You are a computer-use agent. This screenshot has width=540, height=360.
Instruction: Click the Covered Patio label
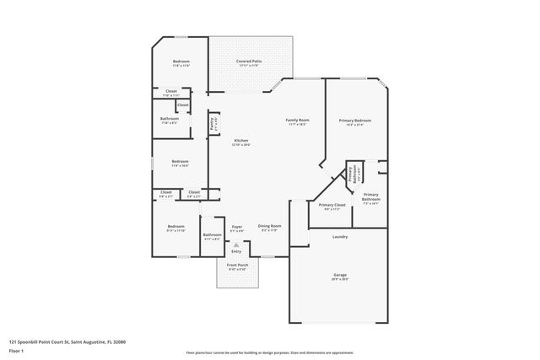[x=250, y=62]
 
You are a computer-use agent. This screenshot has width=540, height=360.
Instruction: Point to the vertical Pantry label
[x=213, y=124]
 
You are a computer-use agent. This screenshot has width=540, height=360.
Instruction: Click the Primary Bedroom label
[x=349, y=121]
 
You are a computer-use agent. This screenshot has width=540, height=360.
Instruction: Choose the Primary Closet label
[x=332, y=205]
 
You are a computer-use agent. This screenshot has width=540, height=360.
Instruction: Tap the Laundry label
[x=339, y=236]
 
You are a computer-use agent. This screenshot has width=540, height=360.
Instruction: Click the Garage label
[x=339, y=275]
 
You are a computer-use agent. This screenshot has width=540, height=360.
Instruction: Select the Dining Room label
[x=270, y=225]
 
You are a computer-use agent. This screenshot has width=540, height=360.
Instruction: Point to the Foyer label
[x=236, y=225]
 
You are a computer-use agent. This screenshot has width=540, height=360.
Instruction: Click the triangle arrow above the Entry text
[x=236, y=244]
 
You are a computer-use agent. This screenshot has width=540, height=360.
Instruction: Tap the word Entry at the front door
[x=236, y=251]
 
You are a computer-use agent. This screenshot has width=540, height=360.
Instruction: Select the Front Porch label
[x=236, y=266]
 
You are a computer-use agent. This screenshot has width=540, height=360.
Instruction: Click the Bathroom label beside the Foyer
[x=212, y=234]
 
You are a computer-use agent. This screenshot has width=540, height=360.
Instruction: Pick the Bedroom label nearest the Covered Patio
[x=181, y=62]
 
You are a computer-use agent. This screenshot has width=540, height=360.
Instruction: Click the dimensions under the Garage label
[x=339, y=280]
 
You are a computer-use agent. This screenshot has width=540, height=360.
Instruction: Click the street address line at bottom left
[x=67, y=341]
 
